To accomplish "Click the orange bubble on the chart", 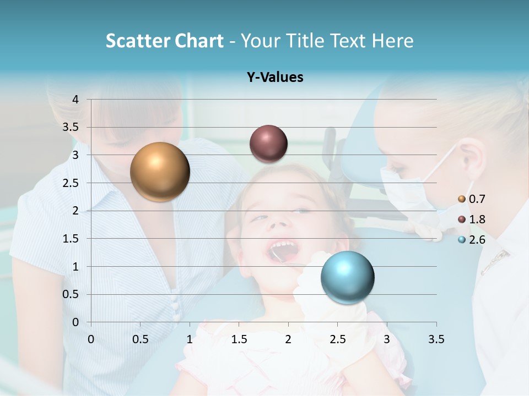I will tap(160, 172).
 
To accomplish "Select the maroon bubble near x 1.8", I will tap(268, 144).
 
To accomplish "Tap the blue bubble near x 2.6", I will tap(347, 277).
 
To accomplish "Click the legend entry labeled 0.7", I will tap(471, 199).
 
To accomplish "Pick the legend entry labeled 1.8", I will tap(471, 219).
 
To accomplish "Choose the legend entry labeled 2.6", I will tap(471, 240).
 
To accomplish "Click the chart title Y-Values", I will tap(275, 78).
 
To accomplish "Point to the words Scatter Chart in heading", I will tap(164, 41).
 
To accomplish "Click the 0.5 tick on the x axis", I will tap(140, 339).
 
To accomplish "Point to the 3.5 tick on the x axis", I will tap(436, 339).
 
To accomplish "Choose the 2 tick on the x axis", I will tap(288, 339).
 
